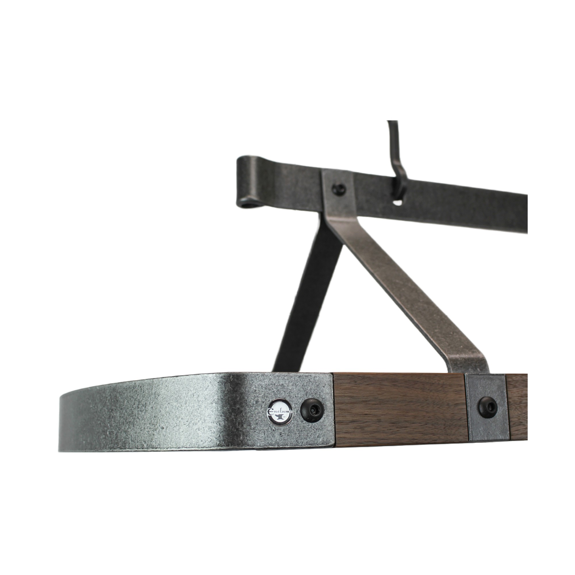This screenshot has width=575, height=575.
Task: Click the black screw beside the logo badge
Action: click(312, 411)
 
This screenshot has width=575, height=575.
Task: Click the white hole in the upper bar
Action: click(397, 203)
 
